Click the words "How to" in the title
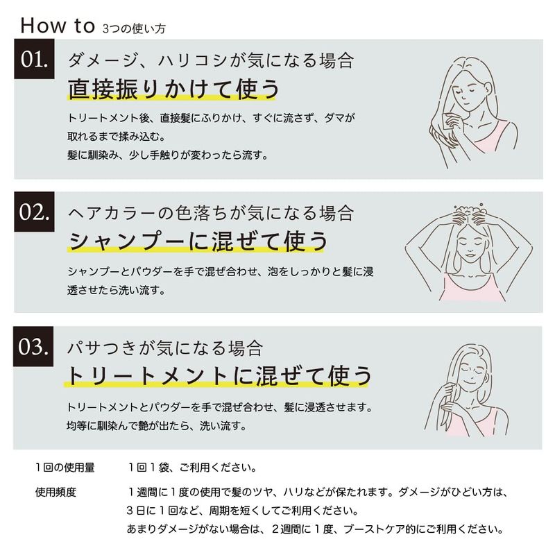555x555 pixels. click(58, 26)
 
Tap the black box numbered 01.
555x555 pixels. click(34, 59)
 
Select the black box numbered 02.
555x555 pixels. click(34, 212)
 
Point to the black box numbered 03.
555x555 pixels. click(33, 346)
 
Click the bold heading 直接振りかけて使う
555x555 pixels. click(173, 89)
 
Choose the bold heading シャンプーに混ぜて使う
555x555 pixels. click(198, 241)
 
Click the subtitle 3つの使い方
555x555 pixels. click(134, 28)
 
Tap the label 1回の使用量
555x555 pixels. click(65, 468)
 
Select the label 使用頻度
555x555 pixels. click(55, 492)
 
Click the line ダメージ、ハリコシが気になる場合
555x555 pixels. click(211, 60)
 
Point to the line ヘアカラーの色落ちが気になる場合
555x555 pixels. click(211, 213)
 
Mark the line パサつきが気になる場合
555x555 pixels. click(165, 348)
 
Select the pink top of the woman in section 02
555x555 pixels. click(472, 287)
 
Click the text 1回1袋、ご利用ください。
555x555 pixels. click(192, 468)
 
